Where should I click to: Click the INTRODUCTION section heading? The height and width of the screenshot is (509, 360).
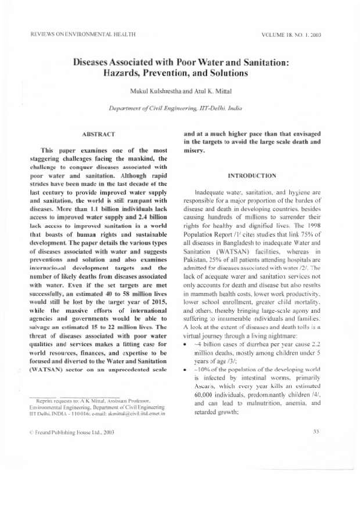[x=252, y=176]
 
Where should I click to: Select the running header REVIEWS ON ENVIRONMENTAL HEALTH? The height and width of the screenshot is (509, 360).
[x=82, y=34]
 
